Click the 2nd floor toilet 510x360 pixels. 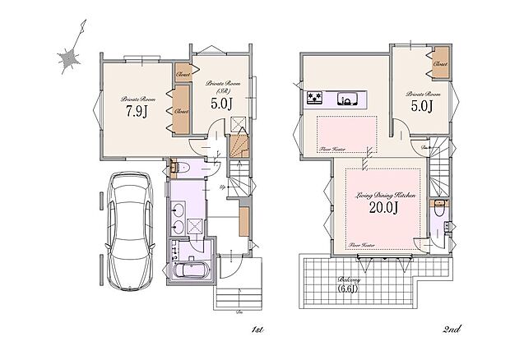[442, 209]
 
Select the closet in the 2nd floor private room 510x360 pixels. [440, 65]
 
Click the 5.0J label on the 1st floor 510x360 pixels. [221, 105]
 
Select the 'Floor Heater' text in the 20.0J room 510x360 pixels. [362, 244]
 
